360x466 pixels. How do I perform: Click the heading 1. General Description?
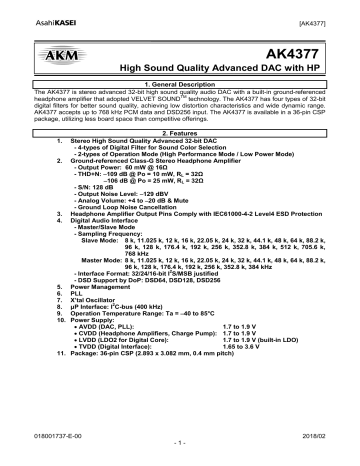(x=179, y=85)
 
